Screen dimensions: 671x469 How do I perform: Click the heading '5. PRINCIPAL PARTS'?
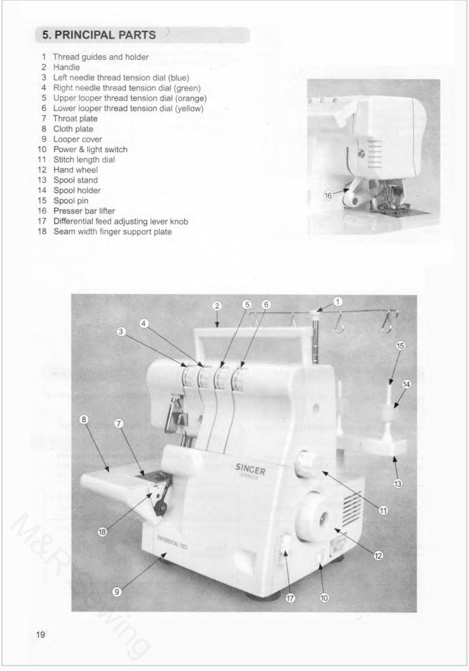coord(100,35)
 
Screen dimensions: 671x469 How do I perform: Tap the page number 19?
coord(40,634)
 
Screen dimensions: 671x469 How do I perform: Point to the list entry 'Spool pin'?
coord(74,201)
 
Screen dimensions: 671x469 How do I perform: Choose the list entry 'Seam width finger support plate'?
coord(112,232)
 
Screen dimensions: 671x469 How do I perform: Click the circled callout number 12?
coord(378,555)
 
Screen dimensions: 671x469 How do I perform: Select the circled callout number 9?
coord(117,592)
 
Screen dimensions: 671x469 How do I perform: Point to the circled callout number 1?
coord(338,301)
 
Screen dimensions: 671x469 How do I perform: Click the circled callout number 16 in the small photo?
coord(328,196)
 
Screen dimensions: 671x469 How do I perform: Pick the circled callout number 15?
coord(400,346)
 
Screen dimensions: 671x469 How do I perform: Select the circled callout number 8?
coord(85,419)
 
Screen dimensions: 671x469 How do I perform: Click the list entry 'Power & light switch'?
coord(90,149)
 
